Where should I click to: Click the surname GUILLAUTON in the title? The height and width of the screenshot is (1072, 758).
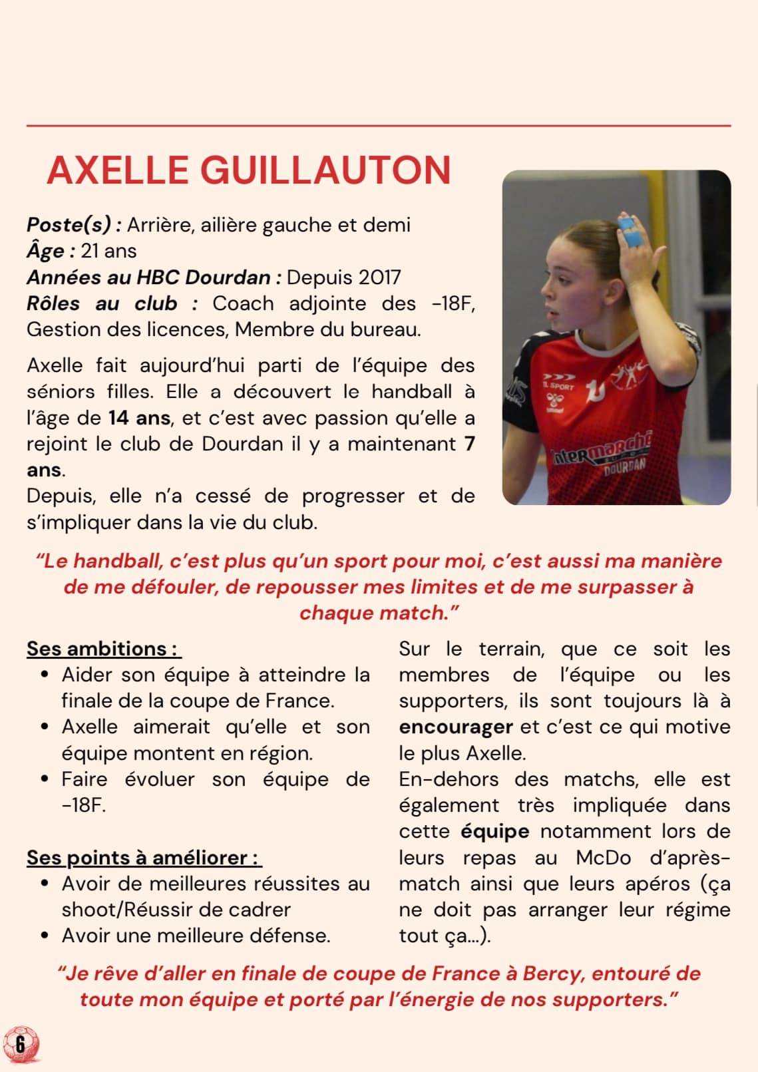coord(325,170)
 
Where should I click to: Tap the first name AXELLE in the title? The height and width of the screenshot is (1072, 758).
coord(118,170)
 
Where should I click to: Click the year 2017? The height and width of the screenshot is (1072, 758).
coord(378,277)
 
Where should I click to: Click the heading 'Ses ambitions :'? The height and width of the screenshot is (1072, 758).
coord(102,649)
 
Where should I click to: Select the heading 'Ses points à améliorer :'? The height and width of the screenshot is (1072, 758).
coord(143,858)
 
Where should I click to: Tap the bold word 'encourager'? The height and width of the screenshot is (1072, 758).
coord(456,727)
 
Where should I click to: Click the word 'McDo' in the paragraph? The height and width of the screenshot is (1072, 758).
coord(603,858)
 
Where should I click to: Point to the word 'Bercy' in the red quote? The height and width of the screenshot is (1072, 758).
coord(552,974)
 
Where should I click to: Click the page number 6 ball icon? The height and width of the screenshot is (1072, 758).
coord(21,1043)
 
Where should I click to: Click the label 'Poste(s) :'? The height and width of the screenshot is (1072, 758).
coord(74,225)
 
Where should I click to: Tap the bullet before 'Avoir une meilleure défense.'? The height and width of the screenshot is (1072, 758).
coord(45,936)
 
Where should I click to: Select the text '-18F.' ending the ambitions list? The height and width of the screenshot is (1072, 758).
coord(84,805)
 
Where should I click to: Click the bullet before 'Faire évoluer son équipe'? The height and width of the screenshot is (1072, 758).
coord(45,779)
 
